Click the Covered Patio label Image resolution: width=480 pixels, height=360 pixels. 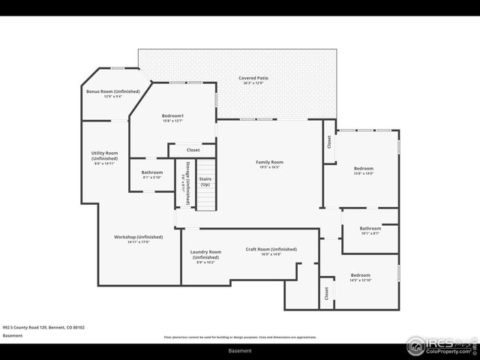[253, 78]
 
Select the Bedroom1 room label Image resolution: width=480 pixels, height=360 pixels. [172, 115]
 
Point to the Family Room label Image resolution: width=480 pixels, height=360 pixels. [270, 162]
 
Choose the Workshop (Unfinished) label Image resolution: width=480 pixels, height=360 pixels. [132, 237]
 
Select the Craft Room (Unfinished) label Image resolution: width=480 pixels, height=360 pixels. [271, 249]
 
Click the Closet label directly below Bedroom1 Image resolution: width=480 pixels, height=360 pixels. [193, 150]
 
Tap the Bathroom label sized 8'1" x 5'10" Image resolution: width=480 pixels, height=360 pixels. [151, 172]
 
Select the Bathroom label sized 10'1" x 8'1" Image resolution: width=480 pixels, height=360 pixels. [370, 228]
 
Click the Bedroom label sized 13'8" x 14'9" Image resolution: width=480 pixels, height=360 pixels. [363, 169]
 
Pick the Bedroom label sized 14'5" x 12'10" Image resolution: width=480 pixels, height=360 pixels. [360, 275]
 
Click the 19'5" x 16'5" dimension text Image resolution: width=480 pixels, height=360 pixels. [270, 167]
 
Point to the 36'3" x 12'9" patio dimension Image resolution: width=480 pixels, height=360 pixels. [253, 83]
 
